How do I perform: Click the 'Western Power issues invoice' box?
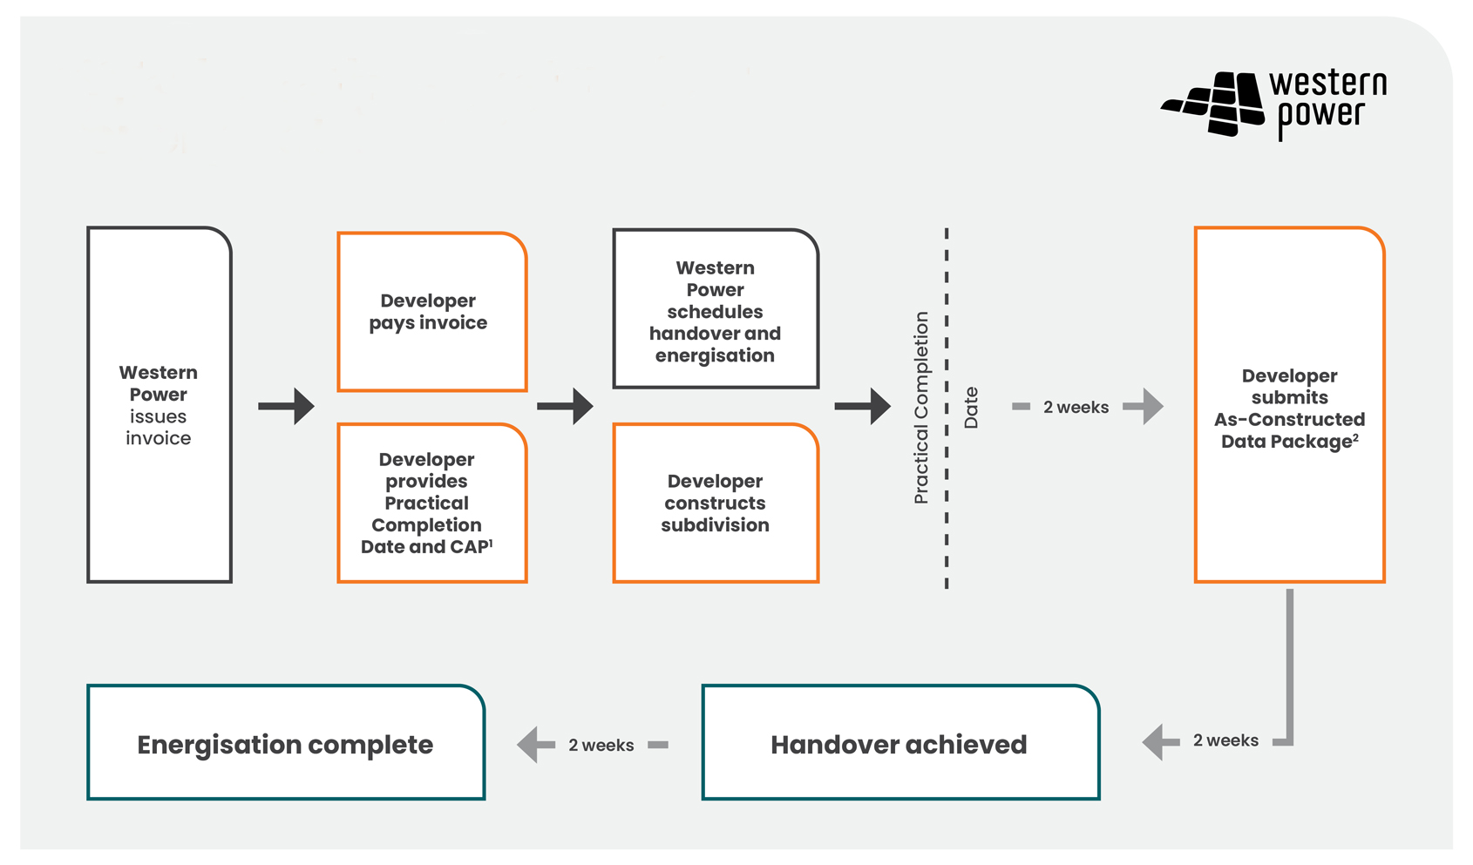click(160, 405)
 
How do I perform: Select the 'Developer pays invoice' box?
click(432, 312)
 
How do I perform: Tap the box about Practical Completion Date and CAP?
click(432, 503)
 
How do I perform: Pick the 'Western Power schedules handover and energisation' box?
click(716, 309)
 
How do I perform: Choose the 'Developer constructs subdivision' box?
click(716, 503)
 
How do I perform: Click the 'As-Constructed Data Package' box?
click(1290, 406)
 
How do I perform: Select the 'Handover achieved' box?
click(900, 743)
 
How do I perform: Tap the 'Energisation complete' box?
click(286, 743)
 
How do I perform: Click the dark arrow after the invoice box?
click(287, 406)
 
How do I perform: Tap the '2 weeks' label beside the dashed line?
click(1076, 407)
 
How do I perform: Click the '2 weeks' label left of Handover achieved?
click(601, 745)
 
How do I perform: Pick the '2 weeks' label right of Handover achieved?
click(1225, 740)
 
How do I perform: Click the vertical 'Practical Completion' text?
click(921, 407)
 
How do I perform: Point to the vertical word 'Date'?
click(971, 407)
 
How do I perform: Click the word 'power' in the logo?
click(1320, 117)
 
